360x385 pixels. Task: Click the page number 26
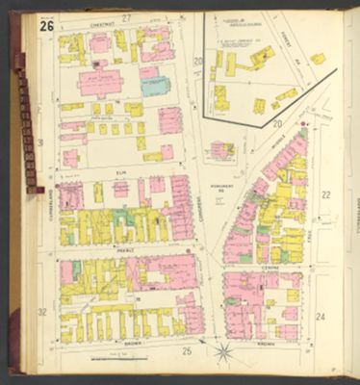point(47,25)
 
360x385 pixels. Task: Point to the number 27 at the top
point(125,18)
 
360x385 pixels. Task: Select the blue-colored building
point(154,86)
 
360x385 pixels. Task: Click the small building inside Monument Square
point(221,149)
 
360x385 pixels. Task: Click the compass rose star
point(223,351)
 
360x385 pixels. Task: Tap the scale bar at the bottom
point(117,359)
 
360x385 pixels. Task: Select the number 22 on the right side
point(325,195)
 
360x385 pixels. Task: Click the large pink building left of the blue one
point(99,82)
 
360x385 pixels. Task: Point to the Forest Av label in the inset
point(288,46)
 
